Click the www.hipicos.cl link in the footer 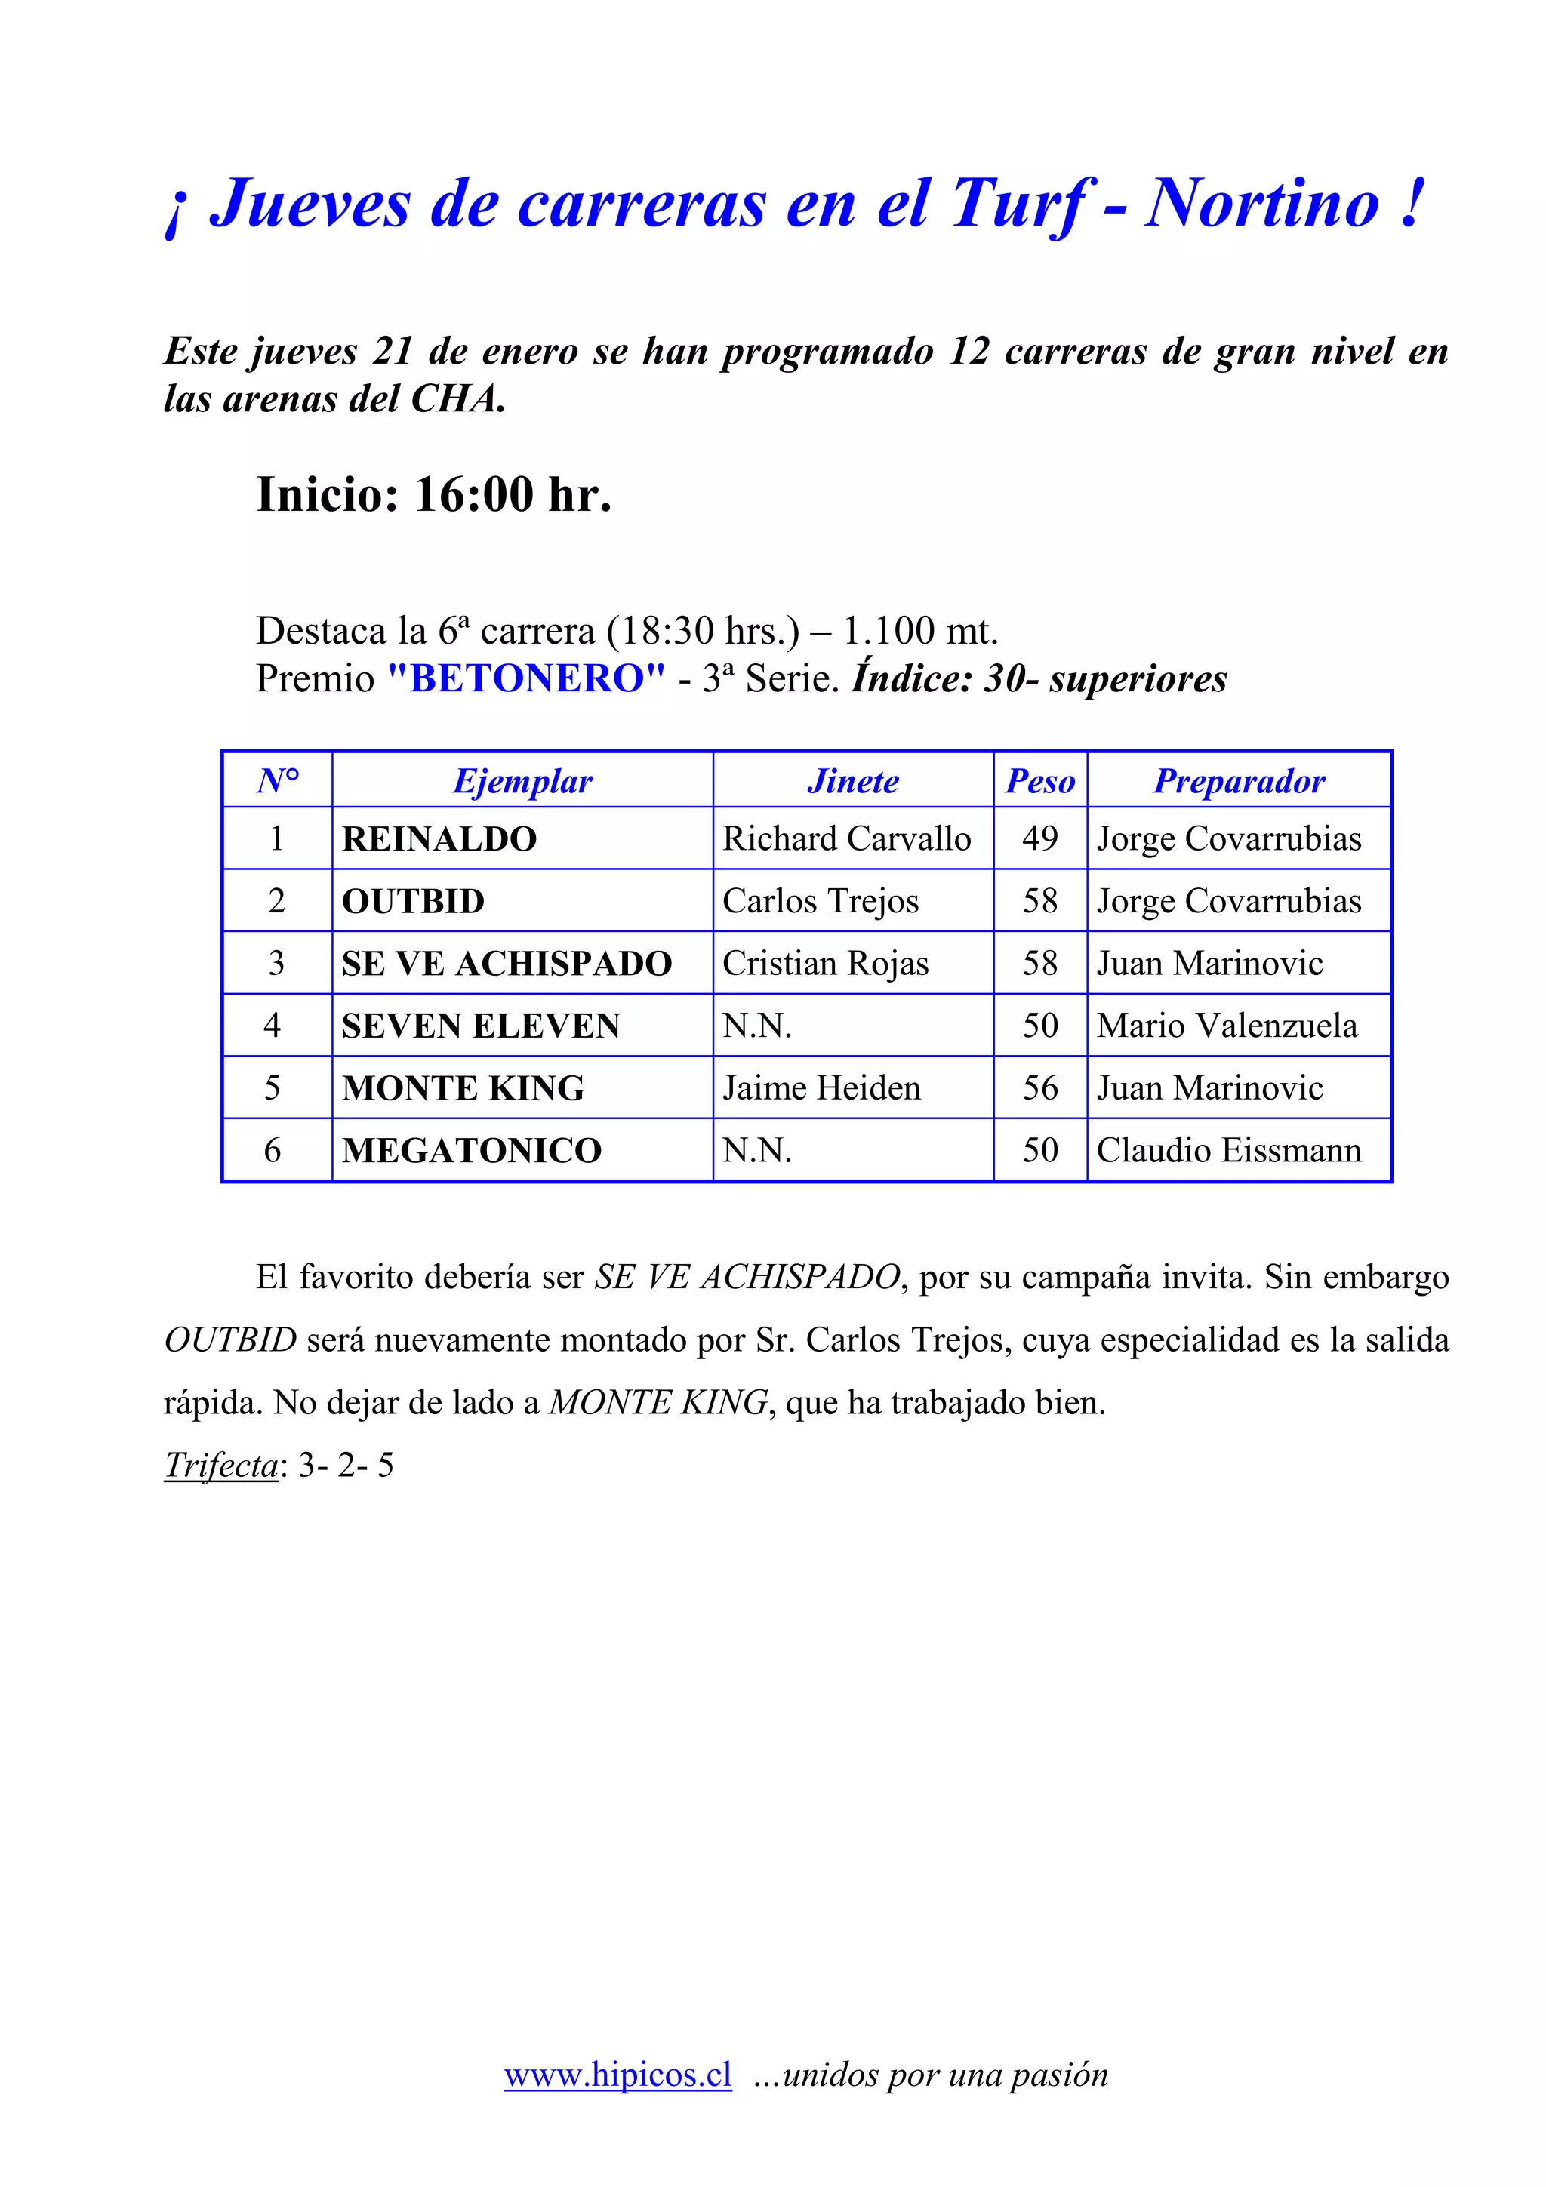tap(617, 2074)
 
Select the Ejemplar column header tap(522, 781)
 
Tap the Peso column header tap(1040, 781)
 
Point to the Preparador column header tap(1238, 781)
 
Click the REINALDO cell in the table tap(439, 839)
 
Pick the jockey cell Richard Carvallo tap(846, 839)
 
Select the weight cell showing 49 tap(1040, 839)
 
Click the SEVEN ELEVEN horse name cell tap(481, 1026)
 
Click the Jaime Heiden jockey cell tap(821, 1087)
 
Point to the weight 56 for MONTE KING tap(1040, 1087)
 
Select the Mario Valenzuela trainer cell tap(1227, 1026)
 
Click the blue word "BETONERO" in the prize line tap(527, 679)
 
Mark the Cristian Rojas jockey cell tap(825, 964)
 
